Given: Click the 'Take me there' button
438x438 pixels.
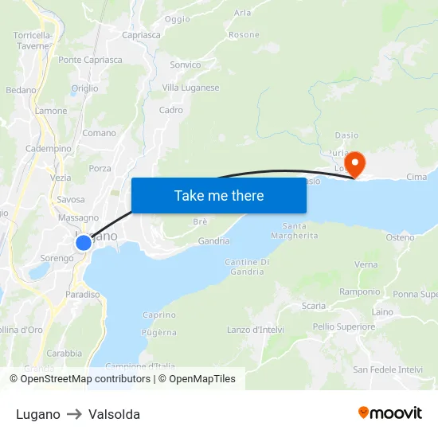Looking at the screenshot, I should (x=219, y=195).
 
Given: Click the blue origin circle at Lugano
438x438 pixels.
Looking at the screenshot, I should (x=84, y=242).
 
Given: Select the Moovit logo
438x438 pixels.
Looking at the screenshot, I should (x=389, y=413).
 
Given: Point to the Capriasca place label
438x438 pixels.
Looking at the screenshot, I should (x=141, y=35).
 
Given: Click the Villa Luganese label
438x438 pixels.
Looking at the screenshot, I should (x=190, y=88).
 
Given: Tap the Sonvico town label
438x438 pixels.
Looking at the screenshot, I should (x=186, y=65).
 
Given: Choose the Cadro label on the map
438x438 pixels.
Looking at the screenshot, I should (x=171, y=110).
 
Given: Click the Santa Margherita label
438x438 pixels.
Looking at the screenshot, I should (x=289, y=231).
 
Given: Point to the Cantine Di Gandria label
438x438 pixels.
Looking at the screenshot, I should (x=247, y=267).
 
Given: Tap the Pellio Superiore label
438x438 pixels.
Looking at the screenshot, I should (x=344, y=327).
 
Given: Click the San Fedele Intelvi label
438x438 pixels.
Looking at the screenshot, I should (x=388, y=370).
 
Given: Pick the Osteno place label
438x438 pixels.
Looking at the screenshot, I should (x=400, y=237).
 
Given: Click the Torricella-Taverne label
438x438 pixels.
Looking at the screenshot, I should (x=33, y=41).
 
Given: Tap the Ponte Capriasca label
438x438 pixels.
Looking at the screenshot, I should (x=91, y=60).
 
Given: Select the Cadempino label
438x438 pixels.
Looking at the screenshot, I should (x=49, y=149).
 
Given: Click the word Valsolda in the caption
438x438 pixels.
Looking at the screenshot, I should (x=115, y=414).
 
